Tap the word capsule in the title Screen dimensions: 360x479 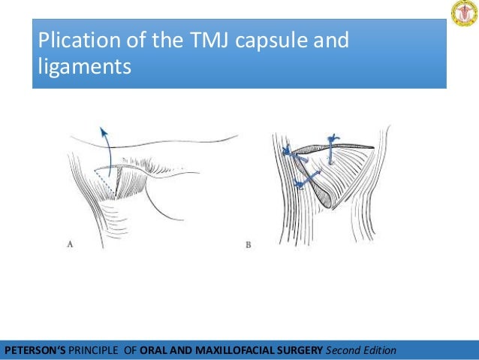coord(267,40)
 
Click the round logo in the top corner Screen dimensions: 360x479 coord(463,14)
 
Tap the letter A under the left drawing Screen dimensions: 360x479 coord(70,244)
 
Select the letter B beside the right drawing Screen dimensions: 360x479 coord(249,244)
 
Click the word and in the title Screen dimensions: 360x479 coord(331,40)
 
